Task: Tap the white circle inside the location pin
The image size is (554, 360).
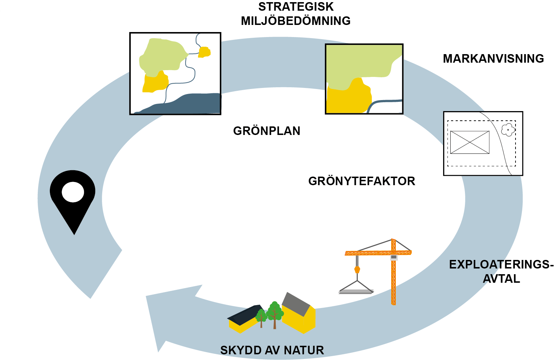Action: coord(73,192)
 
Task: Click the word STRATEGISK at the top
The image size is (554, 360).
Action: coord(296,7)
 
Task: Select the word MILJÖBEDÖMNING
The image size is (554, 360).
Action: coord(296,21)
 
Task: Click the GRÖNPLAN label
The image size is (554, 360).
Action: coord(266,131)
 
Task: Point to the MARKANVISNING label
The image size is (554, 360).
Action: coord(493,59)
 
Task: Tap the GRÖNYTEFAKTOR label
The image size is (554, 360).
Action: coord(362,181)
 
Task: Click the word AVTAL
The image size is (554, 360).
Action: coord(501,279)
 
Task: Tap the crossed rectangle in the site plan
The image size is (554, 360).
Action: coord(470,142)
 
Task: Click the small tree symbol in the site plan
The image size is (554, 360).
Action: coord(508,130)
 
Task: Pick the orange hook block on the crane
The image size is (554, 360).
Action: coord(357,270)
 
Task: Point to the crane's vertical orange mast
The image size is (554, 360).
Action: coord(393,281)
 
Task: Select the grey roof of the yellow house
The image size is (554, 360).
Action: coord(296,304)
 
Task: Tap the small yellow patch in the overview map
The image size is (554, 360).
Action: coord(204,52)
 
